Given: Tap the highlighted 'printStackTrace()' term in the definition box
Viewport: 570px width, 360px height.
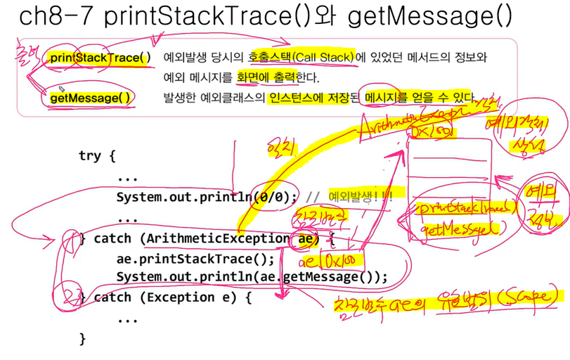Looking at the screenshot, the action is pyautogui.click(x=100, y=57).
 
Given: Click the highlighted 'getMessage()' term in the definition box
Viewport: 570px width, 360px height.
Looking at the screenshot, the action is pyautogui.click(x=91, y=98).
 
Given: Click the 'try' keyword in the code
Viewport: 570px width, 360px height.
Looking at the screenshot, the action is pyautogui.click(x=91, y=156).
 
